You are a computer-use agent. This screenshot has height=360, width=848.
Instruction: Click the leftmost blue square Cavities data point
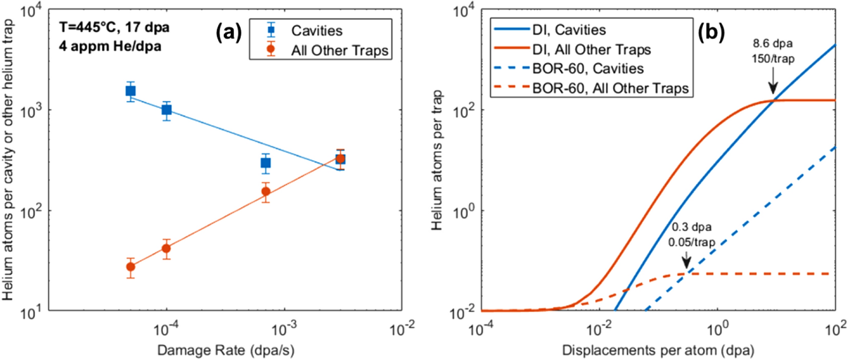131,91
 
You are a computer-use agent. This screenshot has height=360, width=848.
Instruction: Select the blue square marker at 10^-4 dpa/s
166,110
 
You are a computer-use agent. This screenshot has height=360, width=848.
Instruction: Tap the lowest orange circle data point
131,267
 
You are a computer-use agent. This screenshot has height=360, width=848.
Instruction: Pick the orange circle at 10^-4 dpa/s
166,249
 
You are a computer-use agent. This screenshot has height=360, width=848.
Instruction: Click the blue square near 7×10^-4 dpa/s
265,163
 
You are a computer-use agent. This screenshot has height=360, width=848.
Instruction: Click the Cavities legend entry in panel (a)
316,31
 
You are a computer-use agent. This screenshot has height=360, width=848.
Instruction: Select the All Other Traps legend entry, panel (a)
339,50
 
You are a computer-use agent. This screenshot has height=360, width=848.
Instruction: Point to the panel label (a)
228,32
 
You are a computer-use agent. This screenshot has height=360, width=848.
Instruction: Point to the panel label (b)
711,32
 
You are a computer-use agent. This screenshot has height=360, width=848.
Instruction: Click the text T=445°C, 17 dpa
114,27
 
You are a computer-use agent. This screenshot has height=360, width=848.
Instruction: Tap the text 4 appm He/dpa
110,47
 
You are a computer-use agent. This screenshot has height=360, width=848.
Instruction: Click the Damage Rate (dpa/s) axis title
225,350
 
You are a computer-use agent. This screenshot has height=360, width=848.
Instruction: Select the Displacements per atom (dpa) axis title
658,350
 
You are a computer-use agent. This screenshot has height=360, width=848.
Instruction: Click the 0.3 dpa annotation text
691,227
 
